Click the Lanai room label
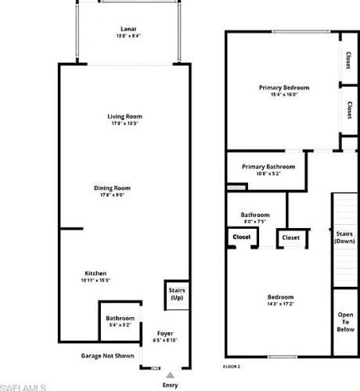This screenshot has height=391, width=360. pyautogui.click(x=125, y=28)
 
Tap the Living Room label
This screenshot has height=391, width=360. pyautogui.click(x=125, y=117)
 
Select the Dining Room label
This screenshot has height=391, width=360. pyautogui.click(x=112, y=188)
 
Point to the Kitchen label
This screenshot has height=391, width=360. pyautogui.click(x=95, y=273)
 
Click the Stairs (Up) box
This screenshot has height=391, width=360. pyautogui.click(x=177, y=295)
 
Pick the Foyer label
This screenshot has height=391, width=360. pyautogui.click(x=165, y=333)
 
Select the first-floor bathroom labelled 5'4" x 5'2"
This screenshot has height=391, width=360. pyautogui.click(x=120, y=320)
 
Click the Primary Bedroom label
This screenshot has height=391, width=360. pyautogui.click(x=284, y=88)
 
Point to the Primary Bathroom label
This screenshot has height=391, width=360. pyautogui.click(x=268, y=167)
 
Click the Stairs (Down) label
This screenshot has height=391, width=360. pyautogui.click(x=345, y=237)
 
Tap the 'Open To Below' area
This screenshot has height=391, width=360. pyautogui.click(x=345, y=322)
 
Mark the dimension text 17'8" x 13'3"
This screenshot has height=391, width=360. pyautogui.click(x=125, y=123)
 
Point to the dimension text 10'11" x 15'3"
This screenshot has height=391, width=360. pyautogui.click(x=95, y=280)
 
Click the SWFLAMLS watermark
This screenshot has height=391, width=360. pyautogui.click(x=23, y=386)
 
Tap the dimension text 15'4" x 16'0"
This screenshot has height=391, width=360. pyautogui.click(x=284, y=95)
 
